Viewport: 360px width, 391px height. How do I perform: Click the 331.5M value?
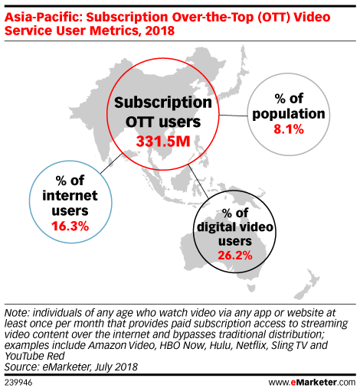pyautogui.click(x=163, y=141)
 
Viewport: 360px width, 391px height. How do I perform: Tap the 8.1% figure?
pyautogui.click(x=289, y=129)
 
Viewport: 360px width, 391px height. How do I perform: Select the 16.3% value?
pyautogui.click(x=70, y=226)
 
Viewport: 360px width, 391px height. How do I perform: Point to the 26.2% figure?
pyautogui.click(x=235, y=255)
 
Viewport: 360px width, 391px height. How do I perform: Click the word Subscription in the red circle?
pyautogui.click(x=163, y=103)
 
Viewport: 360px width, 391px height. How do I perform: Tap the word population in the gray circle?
pyautogui.click(x=289, y=114)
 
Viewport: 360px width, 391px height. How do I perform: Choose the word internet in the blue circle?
pyautogui.click(x=70, y=196)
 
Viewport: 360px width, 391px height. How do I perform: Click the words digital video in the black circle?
pyautogui.click(x=235, y=227)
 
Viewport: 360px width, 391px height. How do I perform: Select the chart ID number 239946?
pyautogui.click(x=18, y=383)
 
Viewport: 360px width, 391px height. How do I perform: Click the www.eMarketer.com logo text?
pyautogui.click(x=312, y=382)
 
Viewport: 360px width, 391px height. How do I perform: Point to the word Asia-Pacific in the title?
pyautogui.click(x=44, y=18)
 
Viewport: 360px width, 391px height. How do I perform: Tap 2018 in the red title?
pyautogui.click(x=160, y=31)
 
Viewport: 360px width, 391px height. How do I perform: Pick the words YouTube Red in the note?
pyautogui.click(x=34, y=356)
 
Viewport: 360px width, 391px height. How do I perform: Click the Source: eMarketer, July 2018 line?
pyautogui.click(x=71, y=367)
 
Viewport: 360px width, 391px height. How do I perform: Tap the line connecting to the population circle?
pyautogui.click(x=234, y=116)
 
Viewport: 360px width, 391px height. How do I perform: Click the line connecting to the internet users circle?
pyautogui.click(x=111, y=163)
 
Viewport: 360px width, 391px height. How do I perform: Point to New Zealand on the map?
pyautogui.click(x=306, y=285)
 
